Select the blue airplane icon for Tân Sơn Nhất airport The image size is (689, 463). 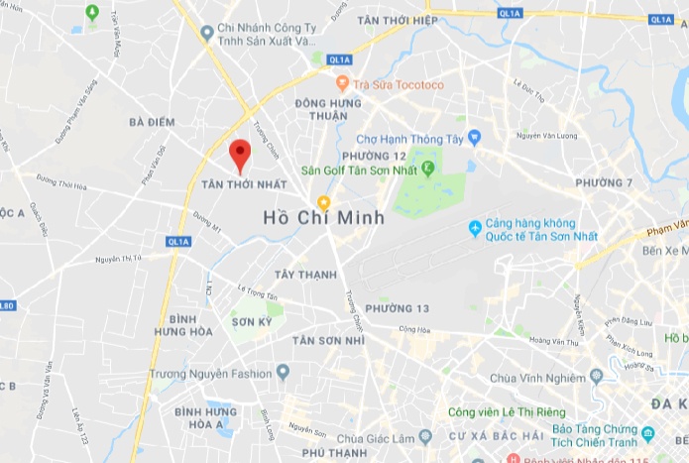476,229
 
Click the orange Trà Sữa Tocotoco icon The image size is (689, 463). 342,84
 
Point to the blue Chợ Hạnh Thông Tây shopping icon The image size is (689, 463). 474,137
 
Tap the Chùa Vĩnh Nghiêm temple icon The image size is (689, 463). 596,376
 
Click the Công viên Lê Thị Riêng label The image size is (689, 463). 507,412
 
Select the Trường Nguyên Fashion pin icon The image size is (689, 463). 283,373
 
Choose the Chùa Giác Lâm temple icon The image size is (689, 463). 425,435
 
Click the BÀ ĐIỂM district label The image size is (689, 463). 152,122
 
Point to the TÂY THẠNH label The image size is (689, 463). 300,275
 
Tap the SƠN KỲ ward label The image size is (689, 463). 251,322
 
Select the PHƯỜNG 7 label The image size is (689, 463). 604,183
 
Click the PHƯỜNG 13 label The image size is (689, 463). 397,308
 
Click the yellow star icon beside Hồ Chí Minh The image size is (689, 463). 323,202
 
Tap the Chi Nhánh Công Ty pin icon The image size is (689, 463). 206,33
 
